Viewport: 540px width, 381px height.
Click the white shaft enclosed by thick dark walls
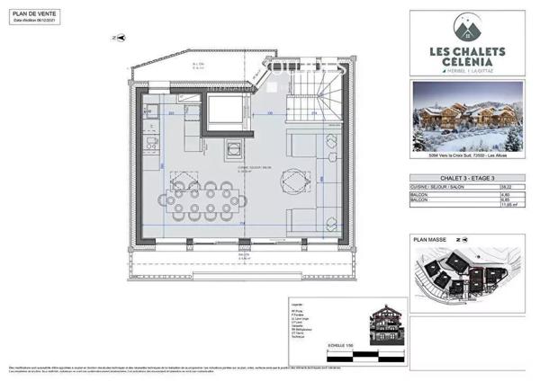222,112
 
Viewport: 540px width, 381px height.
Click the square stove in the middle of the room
236,148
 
